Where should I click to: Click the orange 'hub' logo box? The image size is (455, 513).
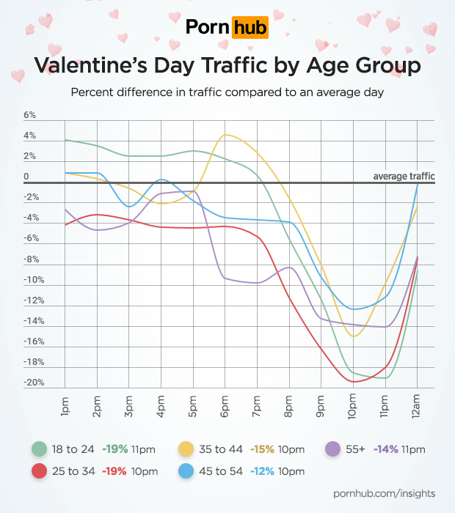[250, 28]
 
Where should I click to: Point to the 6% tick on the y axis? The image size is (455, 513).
[30, 116]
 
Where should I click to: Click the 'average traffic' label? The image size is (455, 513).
[404, 176]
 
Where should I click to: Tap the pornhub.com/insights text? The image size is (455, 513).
[385, 496]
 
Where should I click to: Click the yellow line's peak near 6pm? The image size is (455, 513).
[226, 135]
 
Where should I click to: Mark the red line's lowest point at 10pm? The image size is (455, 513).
[354, 382]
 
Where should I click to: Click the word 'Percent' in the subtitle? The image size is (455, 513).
[92, 93]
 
